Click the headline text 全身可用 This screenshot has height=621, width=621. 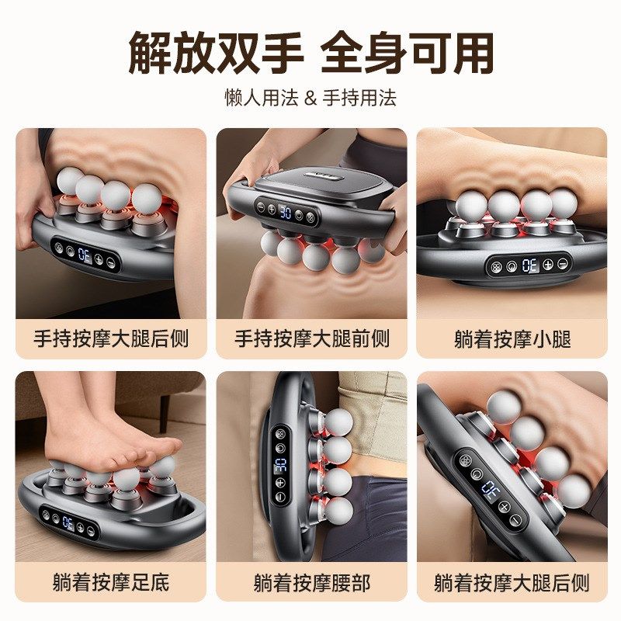408,53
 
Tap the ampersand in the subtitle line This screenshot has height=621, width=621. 310,98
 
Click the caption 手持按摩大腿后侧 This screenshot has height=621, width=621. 111,339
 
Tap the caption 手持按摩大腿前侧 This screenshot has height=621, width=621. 311,339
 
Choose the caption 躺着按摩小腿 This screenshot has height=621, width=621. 512,339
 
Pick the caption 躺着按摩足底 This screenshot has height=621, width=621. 111,581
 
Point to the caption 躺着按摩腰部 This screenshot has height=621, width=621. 311,581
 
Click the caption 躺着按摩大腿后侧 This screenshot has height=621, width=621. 512,581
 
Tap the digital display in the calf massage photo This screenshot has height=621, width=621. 530,265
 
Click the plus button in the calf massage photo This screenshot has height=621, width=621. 549,265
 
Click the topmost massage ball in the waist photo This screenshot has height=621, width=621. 339,422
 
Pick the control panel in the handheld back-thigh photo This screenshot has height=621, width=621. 85,254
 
